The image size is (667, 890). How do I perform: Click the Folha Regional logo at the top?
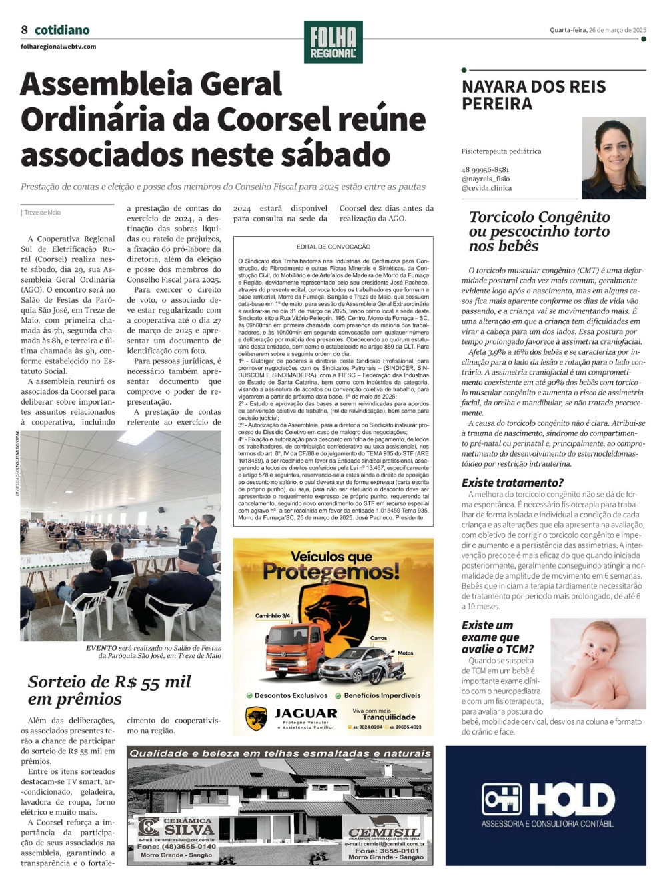333,43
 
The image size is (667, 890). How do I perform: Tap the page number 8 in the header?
25,30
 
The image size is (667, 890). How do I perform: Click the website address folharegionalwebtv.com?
59,47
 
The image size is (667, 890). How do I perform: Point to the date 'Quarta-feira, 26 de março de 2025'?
598,30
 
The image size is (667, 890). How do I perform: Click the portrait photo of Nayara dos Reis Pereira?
614,159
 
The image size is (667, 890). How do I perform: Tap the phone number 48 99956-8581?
485,170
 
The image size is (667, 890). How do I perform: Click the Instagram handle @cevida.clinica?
486,188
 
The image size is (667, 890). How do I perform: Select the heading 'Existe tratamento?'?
512,483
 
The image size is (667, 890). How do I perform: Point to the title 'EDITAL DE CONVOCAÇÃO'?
333,247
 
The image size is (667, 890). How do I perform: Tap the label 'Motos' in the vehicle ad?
405,653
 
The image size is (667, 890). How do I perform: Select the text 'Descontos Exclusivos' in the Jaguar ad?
291,695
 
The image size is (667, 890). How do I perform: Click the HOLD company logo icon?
502,799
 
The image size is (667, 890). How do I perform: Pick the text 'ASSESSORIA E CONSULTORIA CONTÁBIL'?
547,824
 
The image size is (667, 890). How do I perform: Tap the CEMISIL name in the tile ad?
384,833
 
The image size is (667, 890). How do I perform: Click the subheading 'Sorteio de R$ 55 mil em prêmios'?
109,690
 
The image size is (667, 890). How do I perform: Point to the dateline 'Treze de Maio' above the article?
43,213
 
